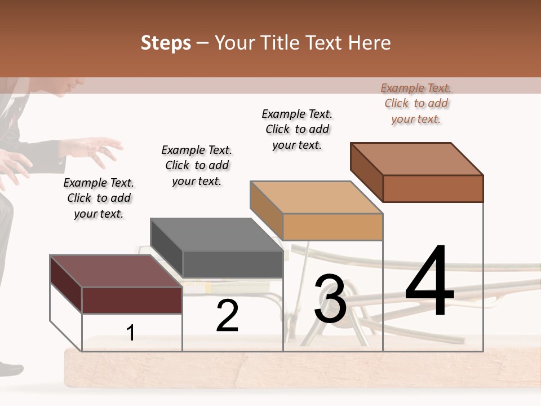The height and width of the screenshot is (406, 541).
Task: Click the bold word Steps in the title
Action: (x=166, y=43)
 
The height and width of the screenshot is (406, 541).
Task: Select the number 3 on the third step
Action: (x=330, y=299)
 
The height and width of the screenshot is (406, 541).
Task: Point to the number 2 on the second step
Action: (x=227, y=316)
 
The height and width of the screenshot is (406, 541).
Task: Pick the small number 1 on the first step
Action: (x=131, y=333)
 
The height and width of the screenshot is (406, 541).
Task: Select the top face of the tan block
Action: (x=316, y=197)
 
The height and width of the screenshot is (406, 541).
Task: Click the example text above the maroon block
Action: (x=99, y=198)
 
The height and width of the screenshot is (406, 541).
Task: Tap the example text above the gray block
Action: (x=197, y=165)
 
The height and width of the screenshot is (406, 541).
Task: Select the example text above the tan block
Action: (x=297, y=129)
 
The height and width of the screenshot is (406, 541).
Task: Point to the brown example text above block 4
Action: (x=416, y=103)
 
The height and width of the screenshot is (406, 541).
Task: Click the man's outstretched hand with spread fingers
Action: (x=96, y=149)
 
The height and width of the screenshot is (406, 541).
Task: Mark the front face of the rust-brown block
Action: (x=433, y=188)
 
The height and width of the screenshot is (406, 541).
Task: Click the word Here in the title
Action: (x=369, y=43)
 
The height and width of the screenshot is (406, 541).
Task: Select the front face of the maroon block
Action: (x=132, y=300)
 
